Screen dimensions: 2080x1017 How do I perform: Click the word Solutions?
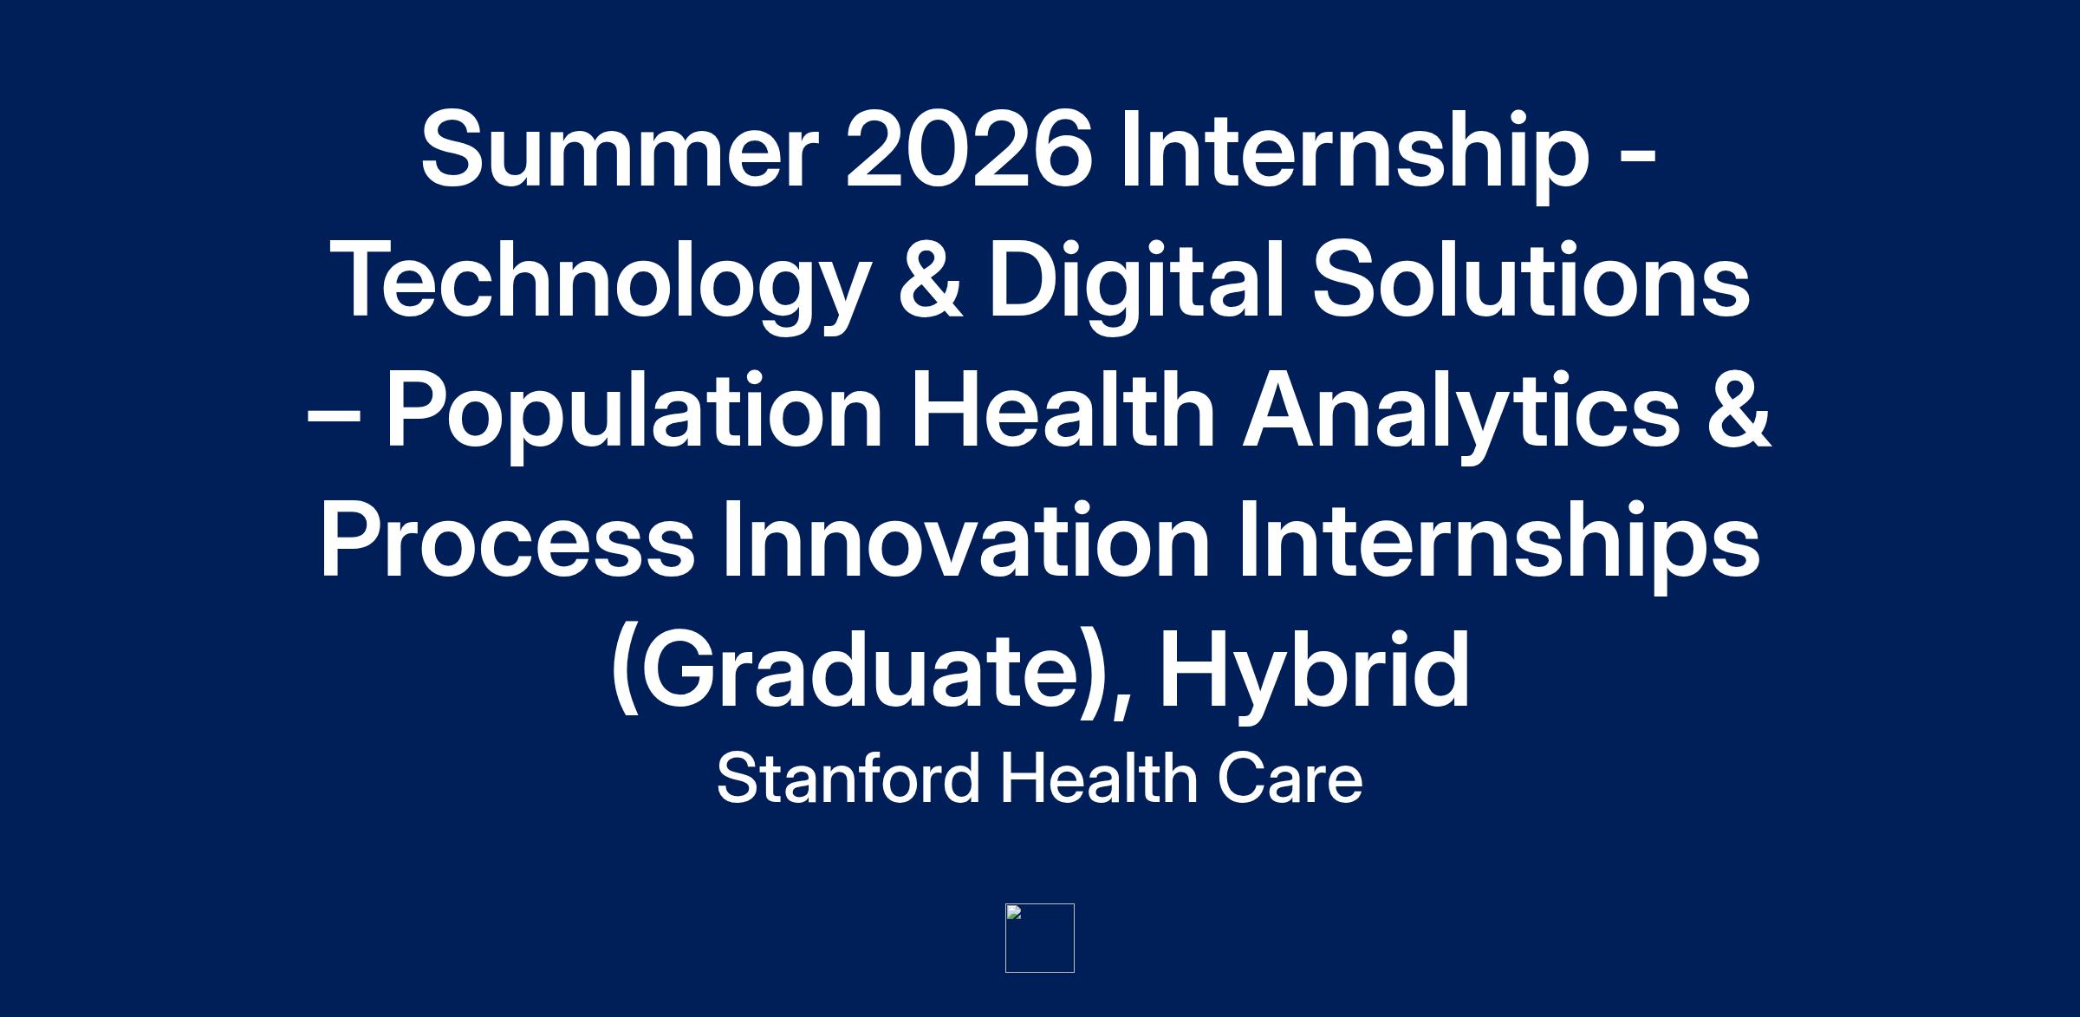[1531, 280]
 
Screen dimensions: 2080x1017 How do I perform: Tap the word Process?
[508, 539]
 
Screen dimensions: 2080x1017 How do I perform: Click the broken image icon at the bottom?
[1040, 938]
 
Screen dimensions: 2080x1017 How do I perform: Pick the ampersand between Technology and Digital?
[930, 280]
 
